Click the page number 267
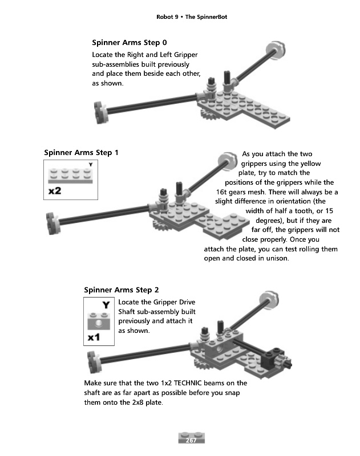(191, 440)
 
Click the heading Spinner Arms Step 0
(130, 43)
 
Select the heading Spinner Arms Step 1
(81, 153)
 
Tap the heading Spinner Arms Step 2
(122, 290)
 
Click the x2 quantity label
(55, 191)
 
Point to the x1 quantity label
(94, 337)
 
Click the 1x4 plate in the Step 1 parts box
(70, 176)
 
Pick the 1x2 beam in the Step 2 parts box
(99, 321)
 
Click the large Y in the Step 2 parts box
(106, 305)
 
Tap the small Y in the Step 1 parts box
(91, 165)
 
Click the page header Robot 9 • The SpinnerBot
(192, 17)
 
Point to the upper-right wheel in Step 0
(276, 49)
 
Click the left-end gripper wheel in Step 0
(102, 112)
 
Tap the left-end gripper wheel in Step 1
(54, 223)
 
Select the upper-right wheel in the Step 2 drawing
(268, 298)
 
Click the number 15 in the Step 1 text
(329, 211)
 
